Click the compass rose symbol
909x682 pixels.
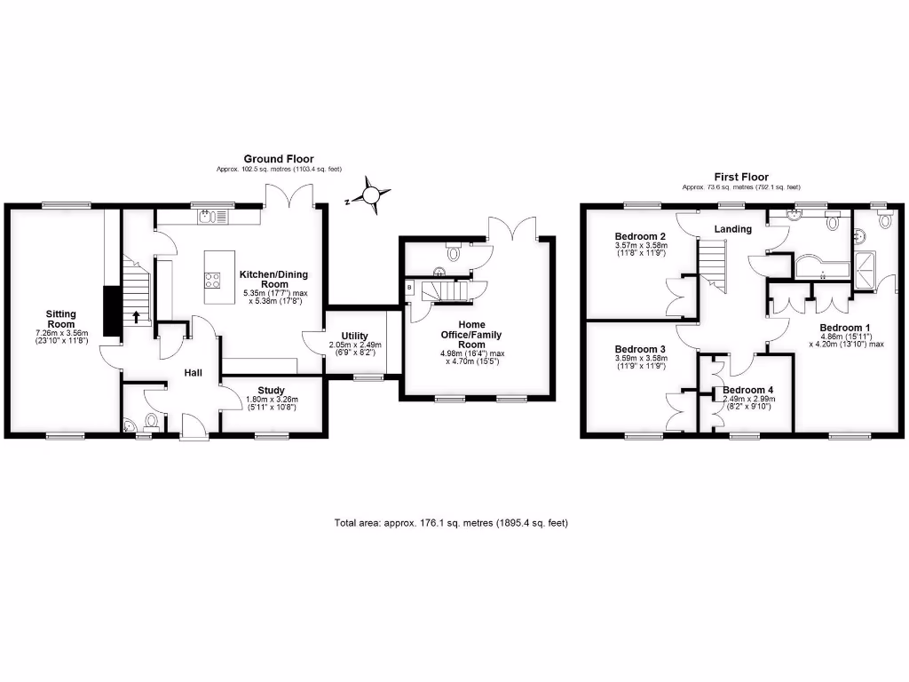[372, 194]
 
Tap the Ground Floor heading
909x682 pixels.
[279, 159]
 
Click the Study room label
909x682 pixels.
[271, 390]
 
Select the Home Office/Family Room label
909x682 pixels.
[459, 334]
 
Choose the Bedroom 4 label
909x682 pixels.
[747, 390]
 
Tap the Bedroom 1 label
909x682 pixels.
[834, 327]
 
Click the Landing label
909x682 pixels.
[733, 229]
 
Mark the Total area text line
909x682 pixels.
[451, 523]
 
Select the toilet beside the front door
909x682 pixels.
[150, 419]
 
